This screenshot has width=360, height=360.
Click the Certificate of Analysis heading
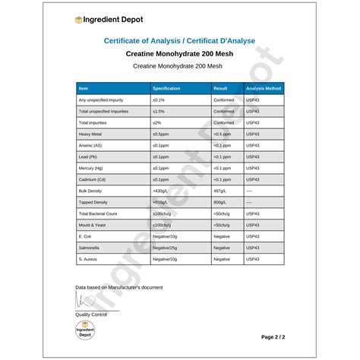(x=179, y=41)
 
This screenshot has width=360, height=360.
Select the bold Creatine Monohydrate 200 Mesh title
(x=179, y=54)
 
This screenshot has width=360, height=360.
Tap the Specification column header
(x=166, y=89)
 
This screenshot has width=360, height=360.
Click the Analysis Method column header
(x=264, y=89)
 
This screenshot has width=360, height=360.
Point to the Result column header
(x=221, y=89)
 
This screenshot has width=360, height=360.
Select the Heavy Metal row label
(x=90, y=134)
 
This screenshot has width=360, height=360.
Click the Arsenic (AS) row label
(x=92, y=145)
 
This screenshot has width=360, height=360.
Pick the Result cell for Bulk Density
(x=222, y=191)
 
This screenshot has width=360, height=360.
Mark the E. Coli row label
(x=85, y=236)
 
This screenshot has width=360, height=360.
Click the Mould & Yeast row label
(x=92, y=225)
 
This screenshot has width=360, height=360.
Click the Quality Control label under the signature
(x=90, y=314)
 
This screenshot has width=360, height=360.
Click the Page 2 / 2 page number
(x=273, y=336)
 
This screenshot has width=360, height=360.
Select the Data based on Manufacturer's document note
(x=118, y=286)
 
